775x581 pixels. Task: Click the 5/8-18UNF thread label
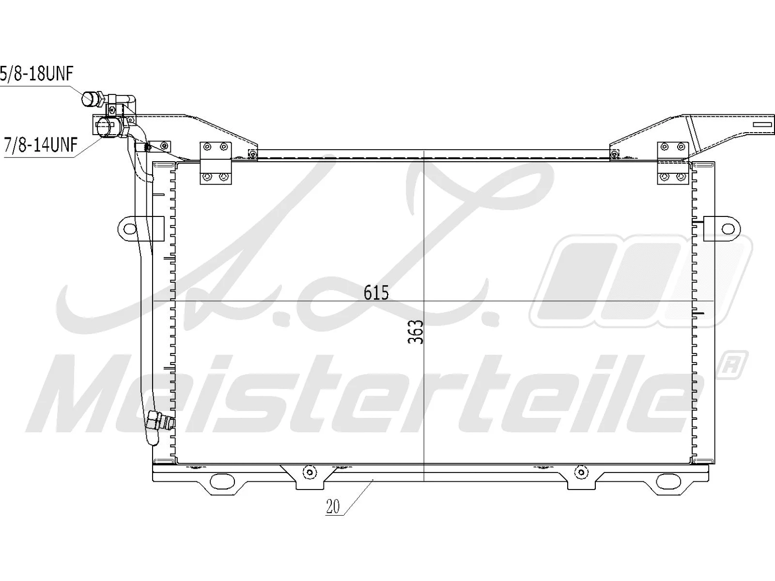tap(36, 75)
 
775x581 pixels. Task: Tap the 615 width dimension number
tap(376, 292)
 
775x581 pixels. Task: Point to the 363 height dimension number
tap(416, 332)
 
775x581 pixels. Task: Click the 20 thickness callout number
tap(333, 506)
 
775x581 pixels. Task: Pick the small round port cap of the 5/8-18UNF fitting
tap(90, 99)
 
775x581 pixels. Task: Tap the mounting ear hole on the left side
tap(129, 227)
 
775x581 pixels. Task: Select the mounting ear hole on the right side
tap(728, 228)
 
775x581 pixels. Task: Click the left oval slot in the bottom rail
tap(222, 481)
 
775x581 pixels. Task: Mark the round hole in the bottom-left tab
tap(309, 472)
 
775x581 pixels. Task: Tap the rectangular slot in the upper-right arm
tap(764, 124)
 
